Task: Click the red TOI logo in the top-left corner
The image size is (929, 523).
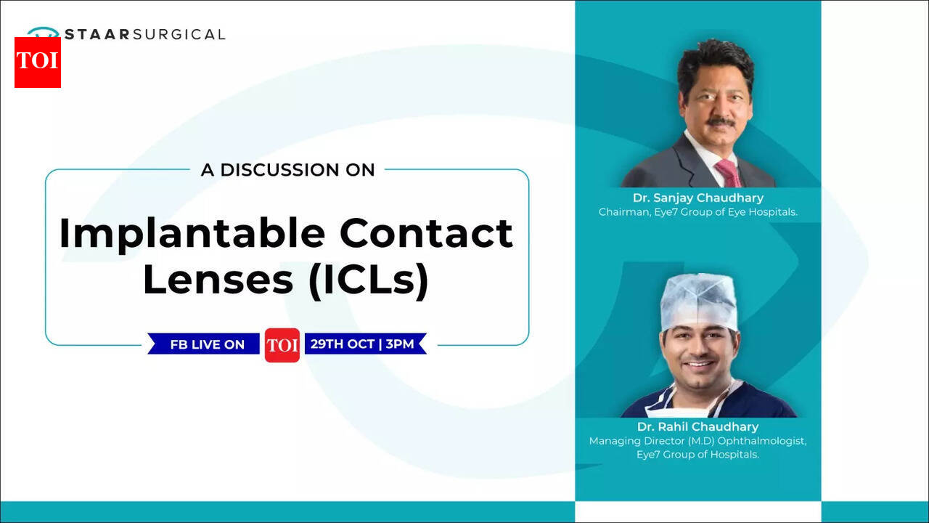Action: [38, 62]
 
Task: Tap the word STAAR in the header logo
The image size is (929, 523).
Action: [98, 34]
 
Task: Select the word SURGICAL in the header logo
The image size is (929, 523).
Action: [179, 34]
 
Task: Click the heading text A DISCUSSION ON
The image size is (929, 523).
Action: [288, 170]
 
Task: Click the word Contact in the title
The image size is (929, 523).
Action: [427, 233]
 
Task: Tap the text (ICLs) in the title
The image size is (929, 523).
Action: [369, 280]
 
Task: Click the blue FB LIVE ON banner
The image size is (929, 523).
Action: [204, 344]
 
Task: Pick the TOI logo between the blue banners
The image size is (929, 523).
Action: [282, 345]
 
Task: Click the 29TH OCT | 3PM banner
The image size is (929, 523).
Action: [366, 344]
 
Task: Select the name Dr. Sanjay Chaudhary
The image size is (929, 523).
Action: [698, 198]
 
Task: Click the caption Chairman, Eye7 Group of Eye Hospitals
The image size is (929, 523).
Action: [698, 212]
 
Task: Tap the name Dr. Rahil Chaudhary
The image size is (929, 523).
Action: [698, 426]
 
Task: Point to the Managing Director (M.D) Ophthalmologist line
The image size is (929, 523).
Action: [698, 441]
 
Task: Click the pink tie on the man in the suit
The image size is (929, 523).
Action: [729, 173]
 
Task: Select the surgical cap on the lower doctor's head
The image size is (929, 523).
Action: [699, 302]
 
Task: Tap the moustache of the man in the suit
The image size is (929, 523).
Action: [721, 122]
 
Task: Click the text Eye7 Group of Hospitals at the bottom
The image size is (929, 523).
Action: [698, 455]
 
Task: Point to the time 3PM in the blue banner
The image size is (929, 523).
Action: [400, 344]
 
